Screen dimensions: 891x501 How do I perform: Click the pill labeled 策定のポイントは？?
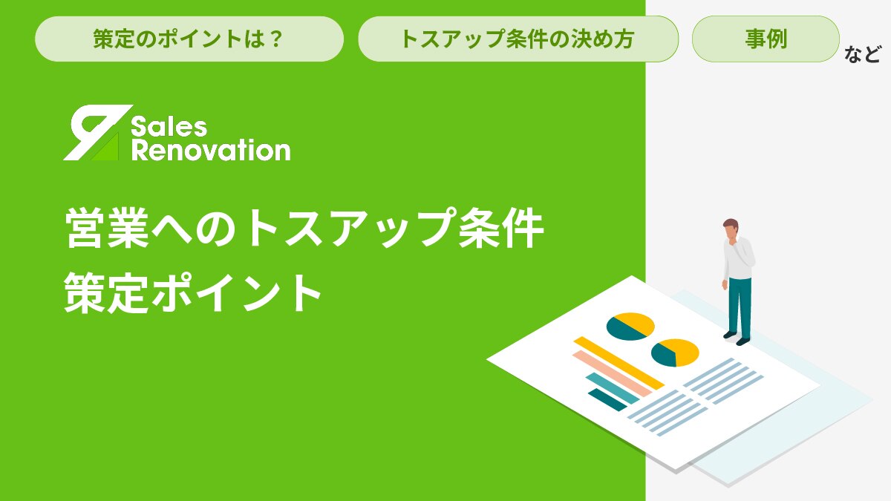[x=189, y=39]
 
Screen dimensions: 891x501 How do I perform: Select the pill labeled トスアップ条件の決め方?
[x=518, y=39]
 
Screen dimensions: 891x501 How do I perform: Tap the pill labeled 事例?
[x=766, y=39]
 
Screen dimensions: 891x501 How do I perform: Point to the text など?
[x=862, y=54]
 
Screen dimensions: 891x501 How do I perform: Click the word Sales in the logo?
[x=169, y=126]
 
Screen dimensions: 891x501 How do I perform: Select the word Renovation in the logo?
[x=211, y=150]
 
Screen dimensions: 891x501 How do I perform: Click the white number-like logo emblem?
[x=97, y=132]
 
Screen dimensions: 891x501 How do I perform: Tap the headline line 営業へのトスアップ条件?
[x=304, y=228]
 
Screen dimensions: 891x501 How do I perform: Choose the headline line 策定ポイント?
[x=192, y=293]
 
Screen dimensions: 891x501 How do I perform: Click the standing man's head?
[x=731, y=228]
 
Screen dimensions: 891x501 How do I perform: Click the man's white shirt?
[x=739, y=258]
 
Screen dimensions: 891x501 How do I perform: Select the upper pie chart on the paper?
[x=630, y=327]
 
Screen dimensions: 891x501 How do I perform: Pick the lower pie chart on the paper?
[x=675, y=353]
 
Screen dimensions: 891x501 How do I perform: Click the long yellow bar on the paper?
[x=619, y=363]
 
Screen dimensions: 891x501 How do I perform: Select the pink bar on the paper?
[x=612, y=373]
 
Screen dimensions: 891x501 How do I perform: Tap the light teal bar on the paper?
[x=612, y=388]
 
